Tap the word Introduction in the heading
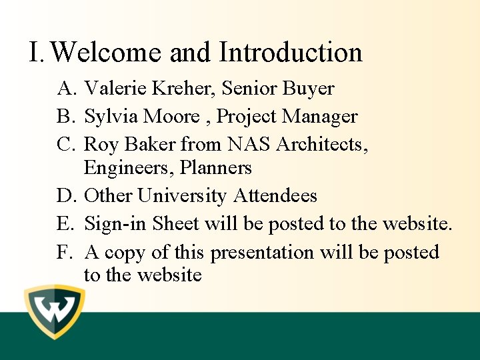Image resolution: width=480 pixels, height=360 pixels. tap(291, 53)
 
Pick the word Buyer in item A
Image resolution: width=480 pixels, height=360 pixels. tap(308, 89)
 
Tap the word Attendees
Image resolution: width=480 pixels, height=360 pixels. tap(275, 196)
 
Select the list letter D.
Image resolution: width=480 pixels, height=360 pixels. tap(65, 196)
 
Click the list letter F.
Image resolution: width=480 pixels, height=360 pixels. tap(65, 253)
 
